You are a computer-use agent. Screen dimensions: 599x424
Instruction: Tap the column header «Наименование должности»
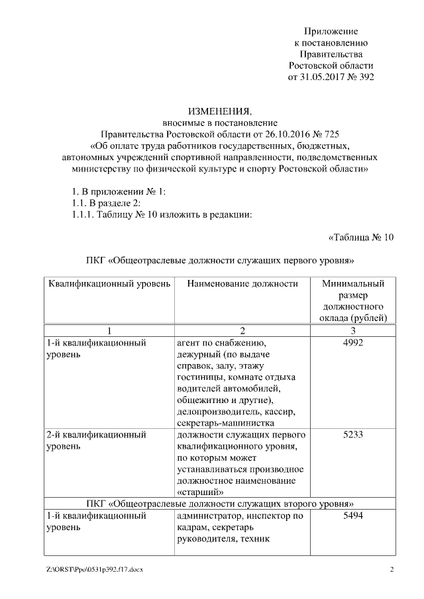(242, 283)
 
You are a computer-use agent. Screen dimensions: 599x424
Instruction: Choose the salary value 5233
(353, 435)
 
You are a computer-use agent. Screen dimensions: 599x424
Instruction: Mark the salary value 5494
(353, 516)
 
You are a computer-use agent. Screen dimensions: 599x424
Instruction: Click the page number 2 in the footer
(392, 570)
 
